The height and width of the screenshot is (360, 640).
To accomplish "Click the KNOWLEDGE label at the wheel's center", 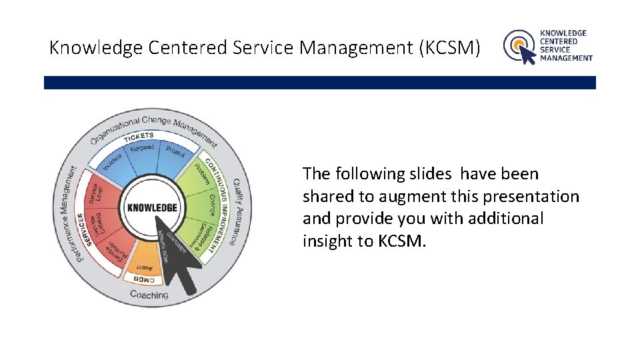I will pos(152,207).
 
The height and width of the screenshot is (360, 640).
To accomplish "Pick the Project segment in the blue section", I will pos(175,151).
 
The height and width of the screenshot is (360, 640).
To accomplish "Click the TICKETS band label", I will pos(138,137).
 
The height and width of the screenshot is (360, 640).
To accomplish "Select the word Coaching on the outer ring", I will pos(149,295).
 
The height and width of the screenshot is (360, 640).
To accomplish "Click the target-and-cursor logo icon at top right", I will pos(519,47).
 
